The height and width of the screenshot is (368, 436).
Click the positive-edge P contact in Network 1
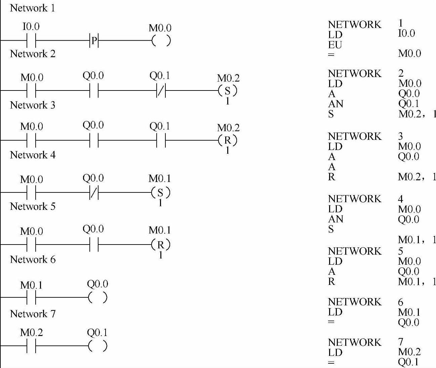click(94, 41)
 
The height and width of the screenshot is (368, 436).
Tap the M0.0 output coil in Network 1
click(161, 41)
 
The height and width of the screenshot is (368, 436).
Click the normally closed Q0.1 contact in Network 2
click(161, 90)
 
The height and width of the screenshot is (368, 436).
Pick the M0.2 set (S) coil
click(228, 90)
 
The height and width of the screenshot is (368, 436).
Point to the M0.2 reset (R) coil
click(228, 140)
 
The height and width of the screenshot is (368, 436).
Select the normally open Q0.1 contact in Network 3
click(161, 140)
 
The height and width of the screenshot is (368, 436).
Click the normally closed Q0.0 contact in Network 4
click(94, 193)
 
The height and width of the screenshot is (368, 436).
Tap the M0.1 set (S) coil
click(161, 193)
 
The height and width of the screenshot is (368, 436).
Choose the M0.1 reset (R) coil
click(161, 245)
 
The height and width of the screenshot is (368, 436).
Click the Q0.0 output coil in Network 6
click(97, 297)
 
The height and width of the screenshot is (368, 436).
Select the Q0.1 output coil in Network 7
click(97, 346)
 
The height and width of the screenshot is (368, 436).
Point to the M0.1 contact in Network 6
click(31, 297)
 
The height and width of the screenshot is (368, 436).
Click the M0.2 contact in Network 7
click(31, 346)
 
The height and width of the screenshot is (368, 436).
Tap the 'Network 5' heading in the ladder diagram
click(33, 206)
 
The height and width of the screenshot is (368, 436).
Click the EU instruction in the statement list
click(335, 45)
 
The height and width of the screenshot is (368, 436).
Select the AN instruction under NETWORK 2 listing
click(335, 104)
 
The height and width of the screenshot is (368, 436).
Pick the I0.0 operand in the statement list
click(406, 34)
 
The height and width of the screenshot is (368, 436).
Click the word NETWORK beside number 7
click(355, 342)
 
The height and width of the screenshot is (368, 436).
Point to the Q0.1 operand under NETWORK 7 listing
click(408, 362)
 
